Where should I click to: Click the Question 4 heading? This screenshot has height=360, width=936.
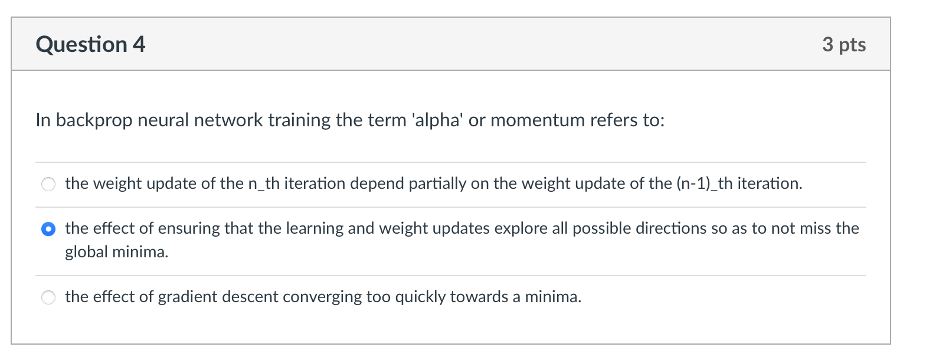90,44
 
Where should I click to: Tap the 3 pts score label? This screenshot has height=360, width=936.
844,45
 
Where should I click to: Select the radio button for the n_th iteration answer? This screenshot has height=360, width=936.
48,184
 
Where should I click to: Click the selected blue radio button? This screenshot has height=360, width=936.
48,229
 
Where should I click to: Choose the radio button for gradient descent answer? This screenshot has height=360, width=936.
48,297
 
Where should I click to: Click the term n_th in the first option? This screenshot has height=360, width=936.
264,184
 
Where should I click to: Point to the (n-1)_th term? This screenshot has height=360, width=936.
705,184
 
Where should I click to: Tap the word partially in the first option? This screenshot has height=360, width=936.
437,184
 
